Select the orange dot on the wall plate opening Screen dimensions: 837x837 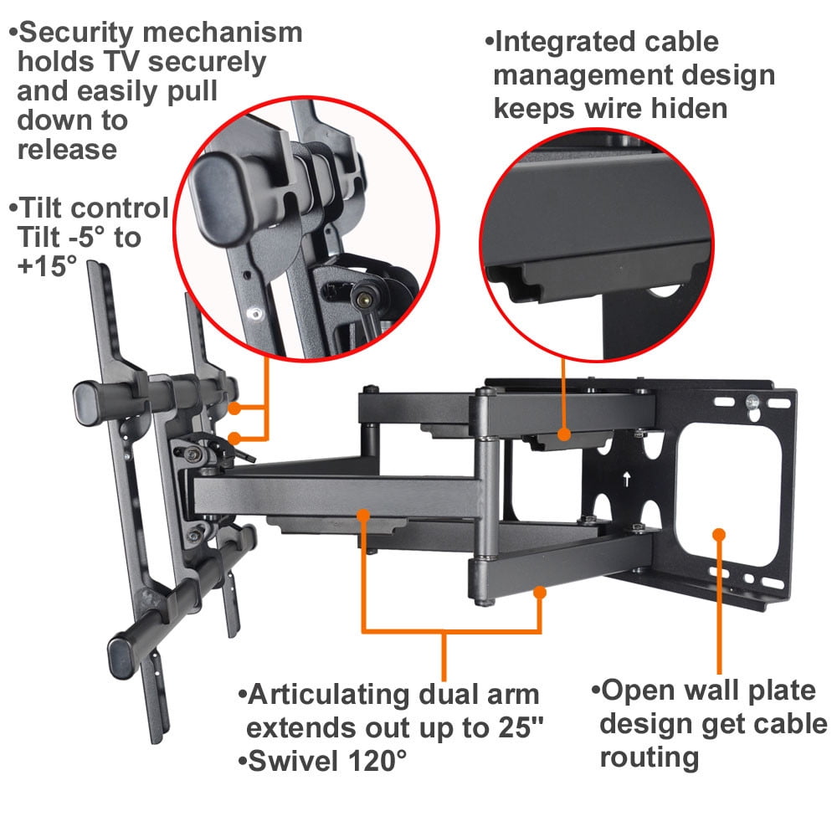click(x=717, y=533)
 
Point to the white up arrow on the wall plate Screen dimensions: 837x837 click(x=626, y=481)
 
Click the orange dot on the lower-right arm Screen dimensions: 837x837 click(x=540, y=593)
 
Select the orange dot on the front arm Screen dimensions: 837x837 click(x=362, y=514)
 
